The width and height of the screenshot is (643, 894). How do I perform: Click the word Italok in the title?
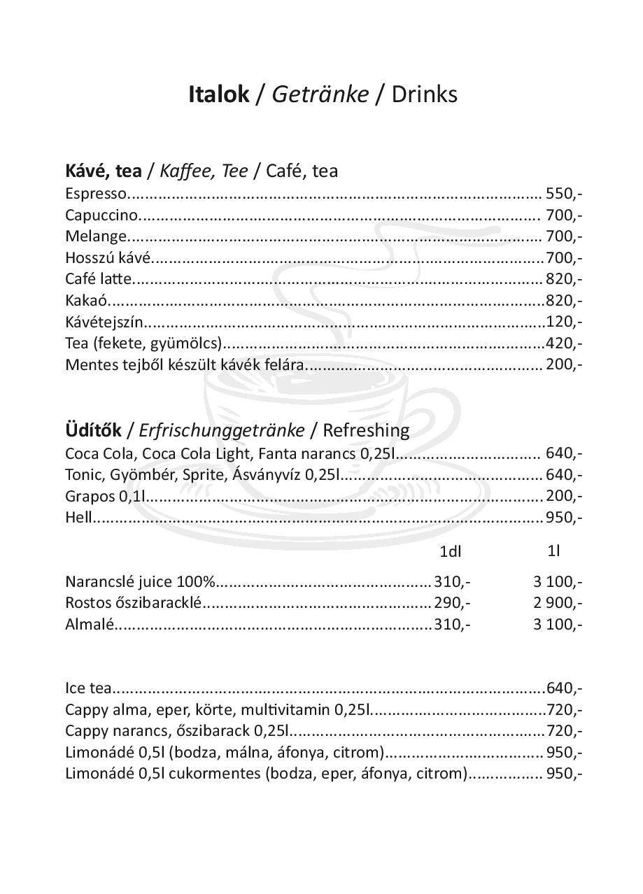[218, 94]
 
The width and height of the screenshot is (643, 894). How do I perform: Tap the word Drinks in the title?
[424, 94]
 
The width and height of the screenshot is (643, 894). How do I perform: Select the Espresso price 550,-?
[564, 193]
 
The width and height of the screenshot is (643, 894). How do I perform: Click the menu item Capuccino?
[101, 215]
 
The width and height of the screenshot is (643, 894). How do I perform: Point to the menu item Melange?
[96, 236]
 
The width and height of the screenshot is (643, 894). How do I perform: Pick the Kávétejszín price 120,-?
[564, 322]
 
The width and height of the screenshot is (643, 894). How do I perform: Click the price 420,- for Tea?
[564, 343]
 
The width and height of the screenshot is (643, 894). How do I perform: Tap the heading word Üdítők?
[93, 430]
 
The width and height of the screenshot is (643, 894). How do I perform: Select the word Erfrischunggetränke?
[222, 430]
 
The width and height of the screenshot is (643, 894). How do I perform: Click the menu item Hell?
[78, 518]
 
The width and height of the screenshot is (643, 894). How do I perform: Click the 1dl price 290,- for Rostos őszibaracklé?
[452, 602]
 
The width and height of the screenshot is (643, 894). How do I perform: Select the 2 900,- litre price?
[558, 602]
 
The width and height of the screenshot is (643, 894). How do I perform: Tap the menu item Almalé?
[89, 624]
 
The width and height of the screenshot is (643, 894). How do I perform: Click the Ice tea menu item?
[88, 688]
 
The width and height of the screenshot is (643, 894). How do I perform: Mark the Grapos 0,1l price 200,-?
[564, 496]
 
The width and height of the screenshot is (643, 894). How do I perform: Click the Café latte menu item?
[98, 279]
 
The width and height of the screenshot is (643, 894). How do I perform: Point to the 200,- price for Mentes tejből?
[564, 364]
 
